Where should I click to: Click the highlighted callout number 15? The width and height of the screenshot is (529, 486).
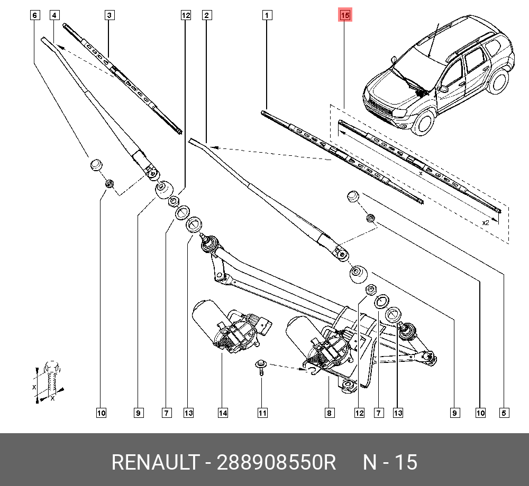(345, 15)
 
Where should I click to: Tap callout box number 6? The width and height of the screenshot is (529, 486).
(35, 15)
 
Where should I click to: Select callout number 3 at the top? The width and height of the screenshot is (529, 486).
(109, 15)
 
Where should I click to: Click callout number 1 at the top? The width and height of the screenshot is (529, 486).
(267, 15)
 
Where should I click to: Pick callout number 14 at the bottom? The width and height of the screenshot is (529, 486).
(223, 413)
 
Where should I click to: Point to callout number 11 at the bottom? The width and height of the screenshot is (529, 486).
(262, 413)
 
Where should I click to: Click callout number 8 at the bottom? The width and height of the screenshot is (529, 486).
(329, 413)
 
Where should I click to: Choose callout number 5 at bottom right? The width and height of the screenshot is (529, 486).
(504, 413)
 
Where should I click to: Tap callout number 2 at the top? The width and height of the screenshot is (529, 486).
(207, 15)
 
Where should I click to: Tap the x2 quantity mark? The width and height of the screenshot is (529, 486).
(486, 222)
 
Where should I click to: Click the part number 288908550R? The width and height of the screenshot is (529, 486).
(276, 462)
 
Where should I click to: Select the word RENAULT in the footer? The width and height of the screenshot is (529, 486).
(156, 462)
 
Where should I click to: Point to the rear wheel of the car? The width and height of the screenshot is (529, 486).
(499, 81)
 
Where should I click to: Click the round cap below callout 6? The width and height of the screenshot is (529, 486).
(96, 165)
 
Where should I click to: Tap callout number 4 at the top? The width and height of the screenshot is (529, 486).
(54, 15)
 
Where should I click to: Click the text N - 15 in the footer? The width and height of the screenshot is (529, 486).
(390, 462)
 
